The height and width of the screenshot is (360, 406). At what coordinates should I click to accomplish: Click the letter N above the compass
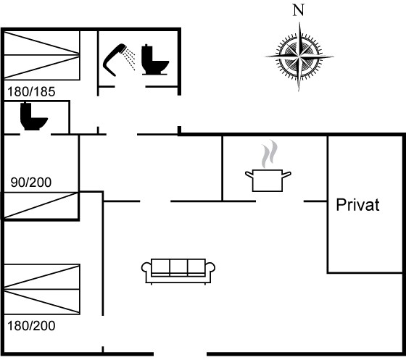(x=299, y=10)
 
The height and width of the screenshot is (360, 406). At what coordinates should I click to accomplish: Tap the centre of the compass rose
(x=299, y=56)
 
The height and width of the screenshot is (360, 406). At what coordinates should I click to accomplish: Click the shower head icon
(x=115, y=59)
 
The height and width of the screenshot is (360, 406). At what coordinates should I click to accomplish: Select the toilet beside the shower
(x=155, y=59)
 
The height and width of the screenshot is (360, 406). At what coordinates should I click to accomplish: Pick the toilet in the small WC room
(x=33, y=116)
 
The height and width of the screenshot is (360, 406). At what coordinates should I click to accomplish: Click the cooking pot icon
(x=268, y=180)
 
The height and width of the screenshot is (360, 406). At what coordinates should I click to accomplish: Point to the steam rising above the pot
(x=270, y=154)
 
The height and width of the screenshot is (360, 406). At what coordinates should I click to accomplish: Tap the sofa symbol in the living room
(x=178, y=271)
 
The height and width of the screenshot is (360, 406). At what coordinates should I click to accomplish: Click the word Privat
(x=357, y=205)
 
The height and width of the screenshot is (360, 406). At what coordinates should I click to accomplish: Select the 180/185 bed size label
(x=31, y=92)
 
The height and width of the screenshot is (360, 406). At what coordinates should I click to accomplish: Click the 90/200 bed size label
(x=31, y=183)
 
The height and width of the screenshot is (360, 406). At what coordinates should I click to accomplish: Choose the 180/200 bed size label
(x=31, y=326)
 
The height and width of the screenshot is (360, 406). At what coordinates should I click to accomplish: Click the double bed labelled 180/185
(x=42, y=55)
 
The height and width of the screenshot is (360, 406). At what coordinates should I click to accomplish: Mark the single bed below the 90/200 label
(x=41, y=205)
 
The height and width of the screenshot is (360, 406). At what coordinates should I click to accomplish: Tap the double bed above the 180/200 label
(x=42, y=289)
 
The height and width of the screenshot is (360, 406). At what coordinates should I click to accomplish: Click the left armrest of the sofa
(x=146, y=268)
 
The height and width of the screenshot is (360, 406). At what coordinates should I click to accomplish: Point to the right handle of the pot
(x=286, y=175)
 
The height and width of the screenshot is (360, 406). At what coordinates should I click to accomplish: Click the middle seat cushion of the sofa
(x=178, y=267)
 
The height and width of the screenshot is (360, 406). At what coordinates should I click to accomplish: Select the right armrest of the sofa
(x=210, y=268)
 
